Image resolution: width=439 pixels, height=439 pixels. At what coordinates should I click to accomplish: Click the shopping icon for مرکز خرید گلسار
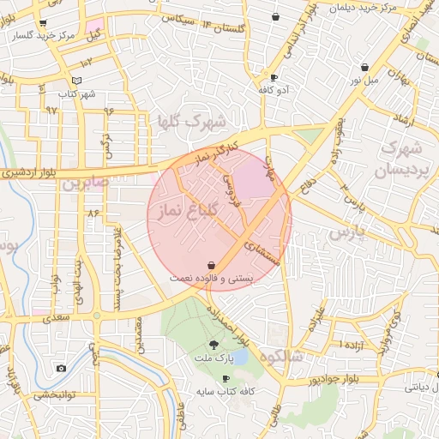(x=43, y=23)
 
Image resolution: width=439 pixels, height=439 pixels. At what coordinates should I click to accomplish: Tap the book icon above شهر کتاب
(x=77, y=81)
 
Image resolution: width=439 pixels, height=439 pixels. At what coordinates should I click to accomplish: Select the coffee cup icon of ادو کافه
(x=274, y=77)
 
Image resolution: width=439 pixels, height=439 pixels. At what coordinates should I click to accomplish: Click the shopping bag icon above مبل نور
(x=365, y=67)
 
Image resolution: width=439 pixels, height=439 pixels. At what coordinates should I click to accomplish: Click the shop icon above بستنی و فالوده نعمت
(x=211, y=266)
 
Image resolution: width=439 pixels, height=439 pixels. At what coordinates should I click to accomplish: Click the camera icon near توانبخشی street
(x=61, y=369)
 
